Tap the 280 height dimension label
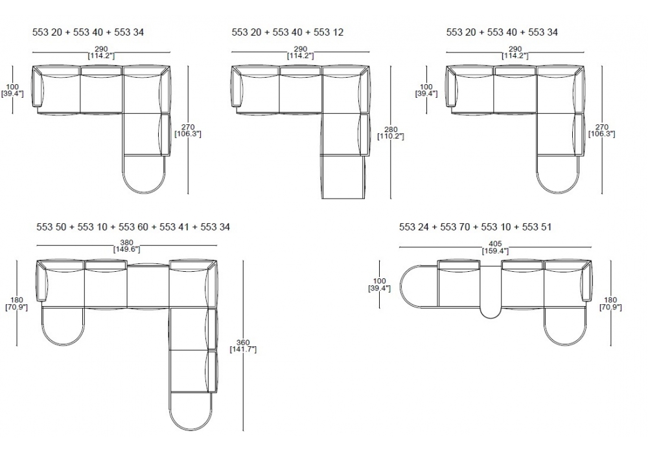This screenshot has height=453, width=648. (391, 130)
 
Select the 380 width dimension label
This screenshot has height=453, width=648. (126, 243)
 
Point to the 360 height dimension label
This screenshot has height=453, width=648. (243, 342)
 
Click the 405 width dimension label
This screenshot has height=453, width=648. (494, 244)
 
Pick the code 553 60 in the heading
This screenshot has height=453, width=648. (133, 227)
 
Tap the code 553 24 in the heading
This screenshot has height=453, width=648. (414, 227)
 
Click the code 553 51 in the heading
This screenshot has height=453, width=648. (537, 227)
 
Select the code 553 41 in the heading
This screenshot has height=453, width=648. (174, 227)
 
